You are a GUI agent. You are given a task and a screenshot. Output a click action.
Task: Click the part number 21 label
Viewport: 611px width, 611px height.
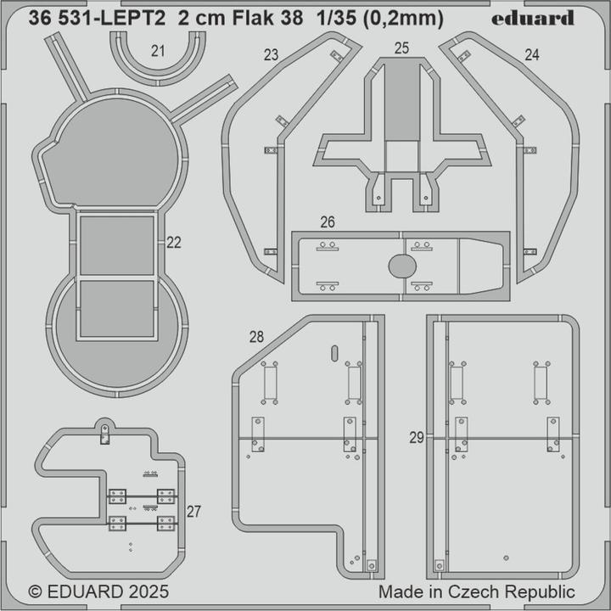[x=158, y=51]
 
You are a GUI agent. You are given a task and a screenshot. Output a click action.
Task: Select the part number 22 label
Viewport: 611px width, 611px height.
[x=174, y=243]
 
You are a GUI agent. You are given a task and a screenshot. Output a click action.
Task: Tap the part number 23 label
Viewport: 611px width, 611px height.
[x=271, y=55]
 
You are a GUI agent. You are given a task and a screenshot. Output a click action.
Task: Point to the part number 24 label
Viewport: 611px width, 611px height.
[x=532, y=55]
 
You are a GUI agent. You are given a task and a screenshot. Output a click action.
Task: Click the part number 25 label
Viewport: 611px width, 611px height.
[x=402, y=48]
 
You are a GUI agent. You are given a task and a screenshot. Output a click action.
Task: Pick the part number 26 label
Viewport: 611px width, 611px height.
[x=328, y=222]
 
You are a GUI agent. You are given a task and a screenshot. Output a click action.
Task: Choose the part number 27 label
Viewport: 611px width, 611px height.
[x=193, y=511]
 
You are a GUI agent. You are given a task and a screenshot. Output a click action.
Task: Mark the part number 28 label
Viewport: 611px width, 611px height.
[x=255, y=337]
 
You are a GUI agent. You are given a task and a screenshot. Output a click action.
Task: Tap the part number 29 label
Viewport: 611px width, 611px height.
[x=416, y=438]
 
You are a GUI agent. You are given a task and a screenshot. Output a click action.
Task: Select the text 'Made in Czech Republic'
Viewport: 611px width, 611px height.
[x=476, y=591]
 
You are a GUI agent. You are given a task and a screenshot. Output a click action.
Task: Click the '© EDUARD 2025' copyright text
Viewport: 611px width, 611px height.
[x=98, y=591]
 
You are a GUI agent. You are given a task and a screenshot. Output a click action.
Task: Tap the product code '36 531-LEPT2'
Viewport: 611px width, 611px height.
[x=99, y=18]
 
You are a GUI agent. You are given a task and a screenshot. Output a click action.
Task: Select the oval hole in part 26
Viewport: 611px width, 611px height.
[x=402, y=266]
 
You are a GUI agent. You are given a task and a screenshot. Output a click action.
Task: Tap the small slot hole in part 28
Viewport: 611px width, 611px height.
[x=334, y=352]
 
